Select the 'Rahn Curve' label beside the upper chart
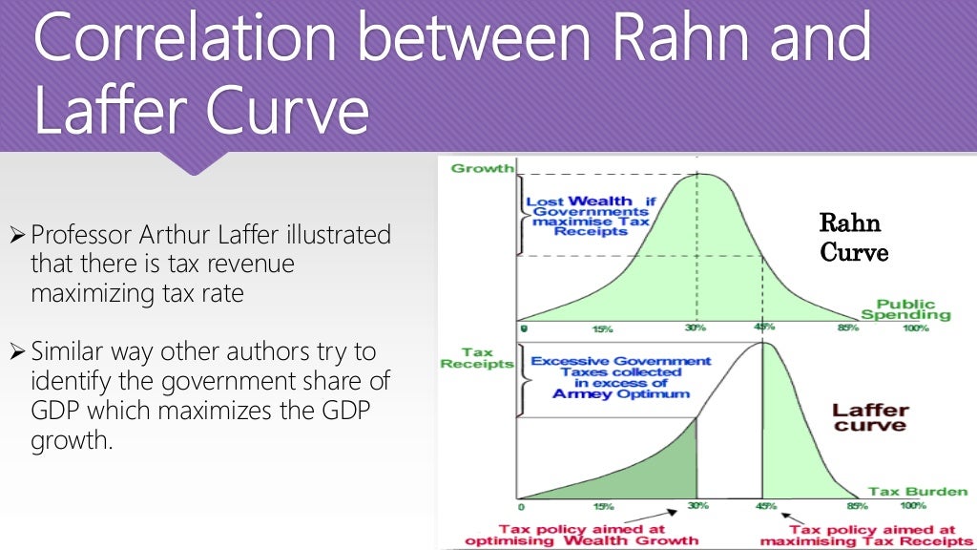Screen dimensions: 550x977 (854, 239)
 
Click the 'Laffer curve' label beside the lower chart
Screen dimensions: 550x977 (870, 418)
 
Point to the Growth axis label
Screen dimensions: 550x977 (482, 169)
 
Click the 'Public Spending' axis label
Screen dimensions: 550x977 (900, 310)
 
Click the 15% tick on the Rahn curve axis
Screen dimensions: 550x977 (602, 329)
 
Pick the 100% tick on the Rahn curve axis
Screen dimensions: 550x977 (915, 328)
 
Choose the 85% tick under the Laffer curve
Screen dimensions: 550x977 (856, 506)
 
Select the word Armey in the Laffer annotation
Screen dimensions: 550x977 (583, 394)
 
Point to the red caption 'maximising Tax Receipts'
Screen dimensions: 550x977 (859, 541)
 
